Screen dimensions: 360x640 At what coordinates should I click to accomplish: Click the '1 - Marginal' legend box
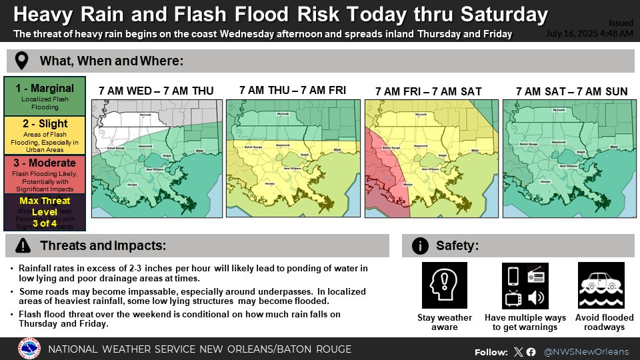coord(45,96)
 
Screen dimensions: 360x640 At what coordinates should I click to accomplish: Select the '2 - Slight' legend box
coord(45,135)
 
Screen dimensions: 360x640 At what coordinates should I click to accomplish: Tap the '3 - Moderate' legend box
coord(45,174)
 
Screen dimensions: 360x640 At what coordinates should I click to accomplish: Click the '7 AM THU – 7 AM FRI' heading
coord(292,90)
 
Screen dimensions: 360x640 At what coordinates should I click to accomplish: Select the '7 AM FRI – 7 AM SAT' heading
coord(428,91)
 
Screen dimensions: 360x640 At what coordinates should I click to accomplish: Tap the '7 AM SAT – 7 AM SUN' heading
coord(571,91)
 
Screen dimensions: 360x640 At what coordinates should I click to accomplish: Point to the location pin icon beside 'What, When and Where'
coord(22,61)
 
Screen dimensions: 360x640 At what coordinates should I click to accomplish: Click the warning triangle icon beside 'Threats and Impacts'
coord(22,246)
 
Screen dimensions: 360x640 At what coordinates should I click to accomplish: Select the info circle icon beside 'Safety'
coord(420,246)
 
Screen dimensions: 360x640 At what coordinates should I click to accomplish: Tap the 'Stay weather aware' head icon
coord(444,285)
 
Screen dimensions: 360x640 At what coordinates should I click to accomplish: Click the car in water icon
coord(601,285)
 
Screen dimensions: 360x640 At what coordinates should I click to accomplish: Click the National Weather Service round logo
coord(29,349)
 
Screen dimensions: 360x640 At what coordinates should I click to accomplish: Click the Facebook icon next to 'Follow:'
coord(531,352)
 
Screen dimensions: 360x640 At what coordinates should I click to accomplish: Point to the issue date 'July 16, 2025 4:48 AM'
coord(589,33)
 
